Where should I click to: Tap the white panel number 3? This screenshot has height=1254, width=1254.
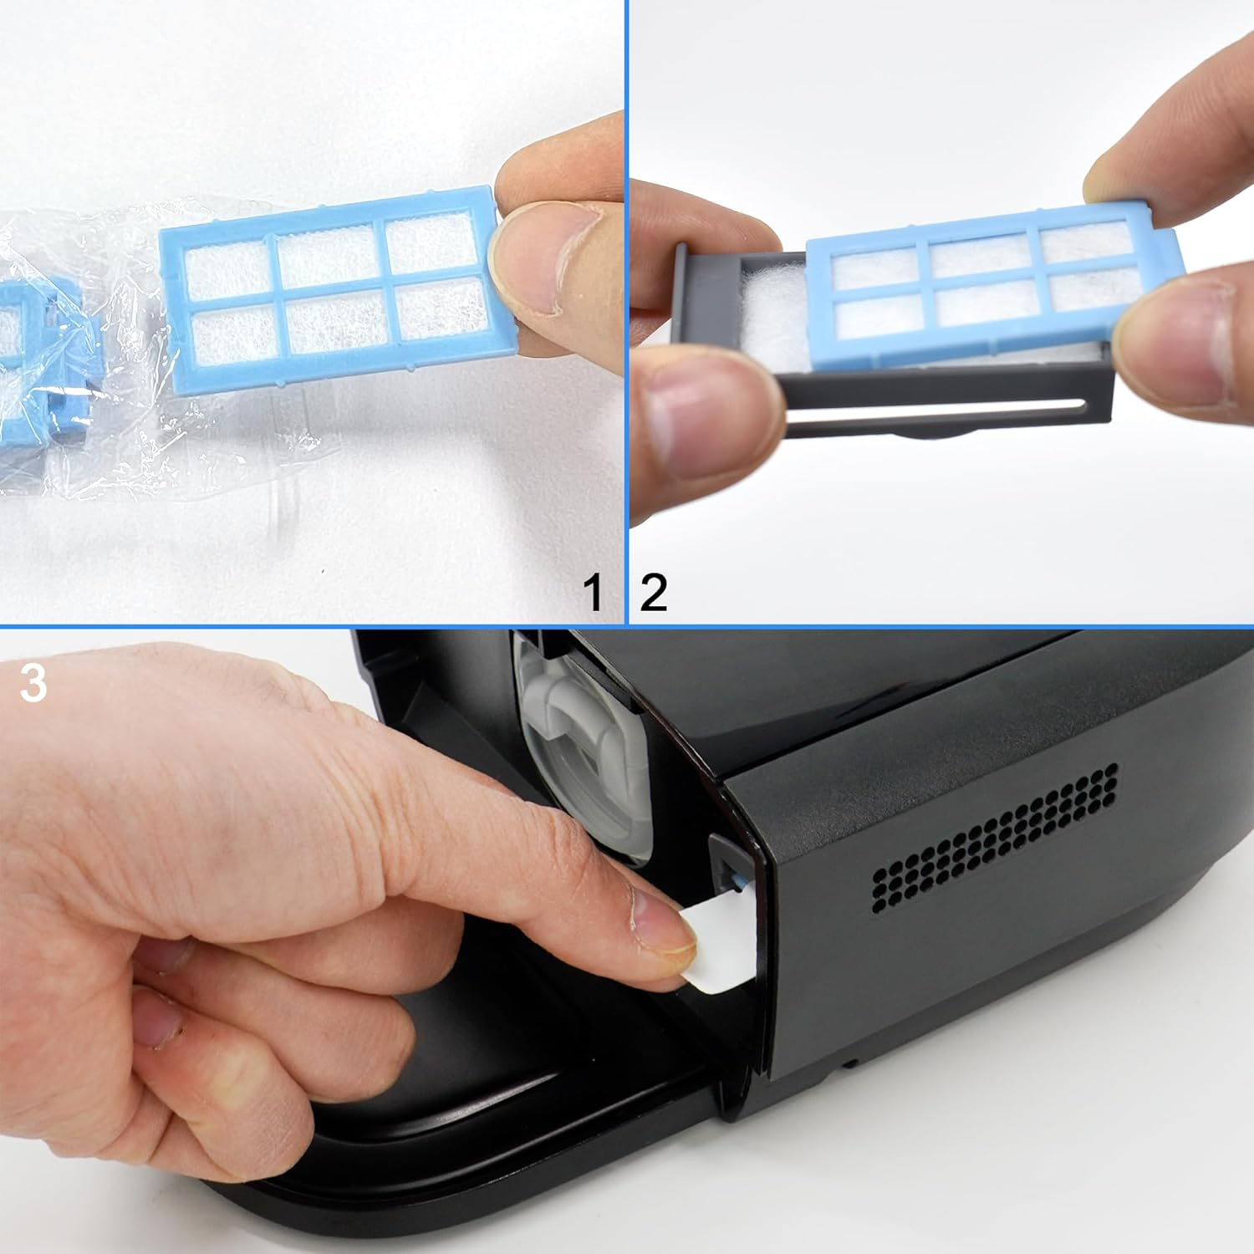[33, 683]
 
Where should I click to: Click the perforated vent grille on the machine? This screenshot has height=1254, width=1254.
[995, 836]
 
